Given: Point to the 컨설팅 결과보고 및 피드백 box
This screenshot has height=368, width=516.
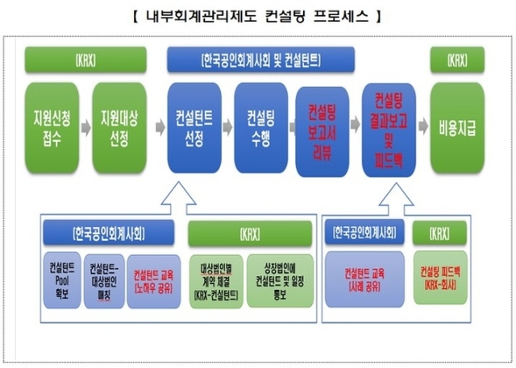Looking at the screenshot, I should [389, 129].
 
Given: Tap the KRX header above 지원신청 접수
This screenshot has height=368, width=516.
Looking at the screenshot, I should [85, 60].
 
